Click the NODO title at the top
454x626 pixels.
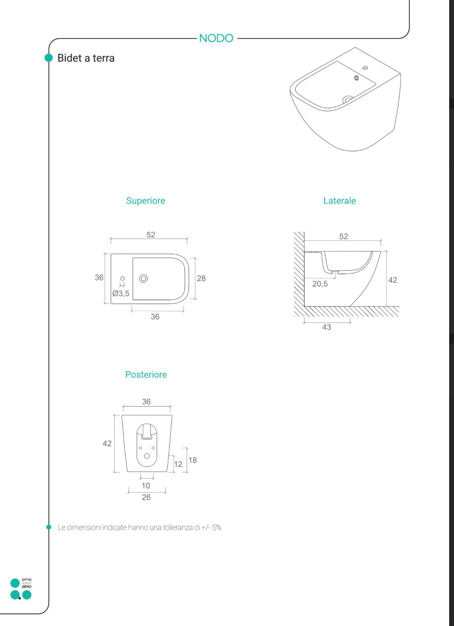[x=216, y=38]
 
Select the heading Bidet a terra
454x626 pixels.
[x=86, y=58]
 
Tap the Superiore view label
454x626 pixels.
[x=146, y=200]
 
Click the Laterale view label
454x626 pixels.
[x=339, y=200]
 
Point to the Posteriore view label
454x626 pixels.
[x=146, y=374]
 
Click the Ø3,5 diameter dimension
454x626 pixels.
[x=121, y=293]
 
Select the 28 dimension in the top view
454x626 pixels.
[x=201, y=278]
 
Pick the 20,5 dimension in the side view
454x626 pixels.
[x=320, y=284]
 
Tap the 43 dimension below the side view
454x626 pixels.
[x=327, y=327]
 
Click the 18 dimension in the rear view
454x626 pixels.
[x=193, y=460]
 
